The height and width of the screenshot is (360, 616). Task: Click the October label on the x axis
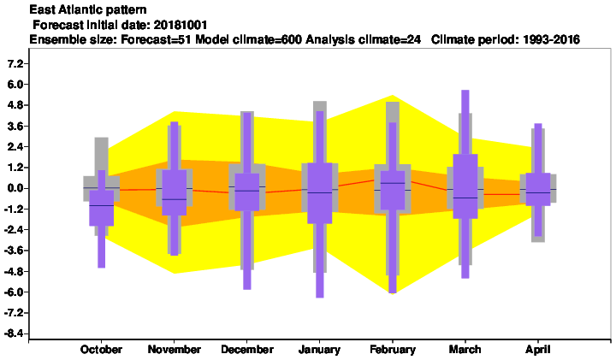coord(101,350)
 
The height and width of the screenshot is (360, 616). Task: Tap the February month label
coord(393,350)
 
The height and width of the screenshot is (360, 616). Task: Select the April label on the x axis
coord(538,350)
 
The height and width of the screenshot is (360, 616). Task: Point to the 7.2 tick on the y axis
coord(15,63)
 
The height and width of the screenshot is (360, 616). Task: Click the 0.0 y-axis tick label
coord(15,188)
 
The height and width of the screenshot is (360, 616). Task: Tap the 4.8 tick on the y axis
coord(15,105)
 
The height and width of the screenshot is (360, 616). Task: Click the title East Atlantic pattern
coord(88,9)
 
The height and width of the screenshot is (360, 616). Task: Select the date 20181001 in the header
coord(181,25)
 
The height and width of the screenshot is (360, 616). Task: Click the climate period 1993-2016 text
coord(551,39)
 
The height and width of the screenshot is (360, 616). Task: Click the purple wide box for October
coord(101,208)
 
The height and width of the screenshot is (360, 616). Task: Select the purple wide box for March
coord(465,186)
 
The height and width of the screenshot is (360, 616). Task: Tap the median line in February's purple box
coord(393,183)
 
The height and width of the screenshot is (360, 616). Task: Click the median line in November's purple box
coord(174,199)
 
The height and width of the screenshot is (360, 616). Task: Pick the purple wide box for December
coord(247,192)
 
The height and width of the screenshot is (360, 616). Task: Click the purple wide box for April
coord(538,189)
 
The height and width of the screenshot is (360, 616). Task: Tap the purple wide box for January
coord(320,193)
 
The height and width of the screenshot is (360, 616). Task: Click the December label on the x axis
coord(247,350)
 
